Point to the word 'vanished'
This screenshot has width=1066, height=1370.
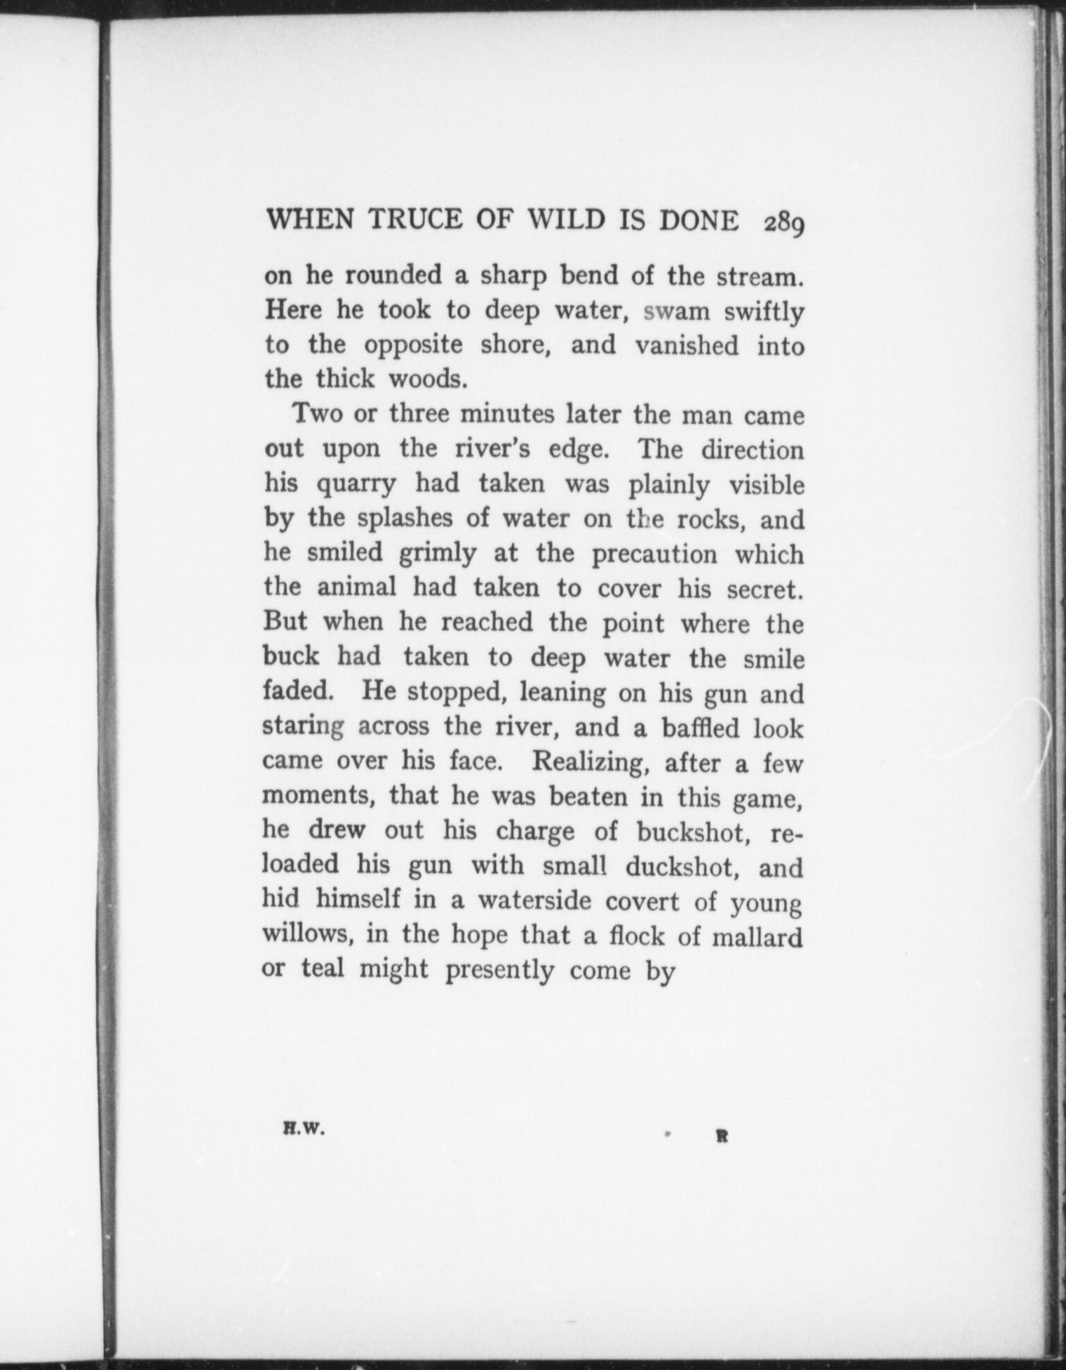[687, 346]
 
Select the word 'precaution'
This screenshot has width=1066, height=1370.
[654, 554]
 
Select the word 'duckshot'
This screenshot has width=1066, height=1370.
[684, 866]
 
